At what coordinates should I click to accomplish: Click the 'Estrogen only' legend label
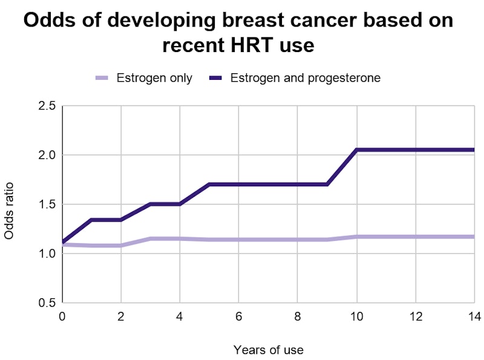154,78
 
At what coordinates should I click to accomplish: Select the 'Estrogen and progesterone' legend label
306,78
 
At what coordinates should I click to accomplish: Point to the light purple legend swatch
102,78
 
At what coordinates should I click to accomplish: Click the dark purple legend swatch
215,78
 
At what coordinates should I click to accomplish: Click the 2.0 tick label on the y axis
47,155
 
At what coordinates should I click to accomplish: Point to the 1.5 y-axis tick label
47,205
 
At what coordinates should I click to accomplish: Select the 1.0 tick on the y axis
47,254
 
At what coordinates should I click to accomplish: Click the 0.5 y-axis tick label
47,303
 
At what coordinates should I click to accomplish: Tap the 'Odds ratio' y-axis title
10,210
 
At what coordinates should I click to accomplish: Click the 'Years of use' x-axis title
268,350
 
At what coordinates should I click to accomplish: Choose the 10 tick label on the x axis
356,316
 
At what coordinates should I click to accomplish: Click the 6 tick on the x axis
238,316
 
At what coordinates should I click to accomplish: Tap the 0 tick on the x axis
62,316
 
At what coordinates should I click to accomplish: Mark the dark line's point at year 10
356,150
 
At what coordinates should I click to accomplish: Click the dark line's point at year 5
209,184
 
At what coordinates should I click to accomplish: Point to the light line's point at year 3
151,238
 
